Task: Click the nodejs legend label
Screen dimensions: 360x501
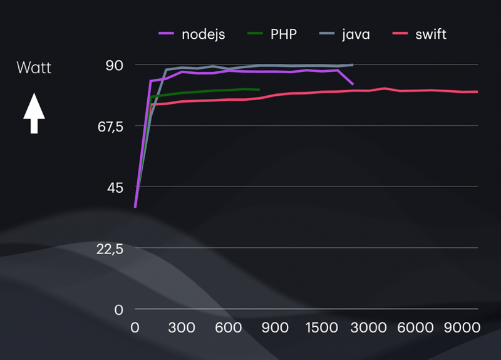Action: pyautogui.click(x=204, y=34)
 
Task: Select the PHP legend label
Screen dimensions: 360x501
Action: pyautogui.click(x=284, y=34)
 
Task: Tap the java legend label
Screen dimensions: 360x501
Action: pyautogui.click(x=356, y=34)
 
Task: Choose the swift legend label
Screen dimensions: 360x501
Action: pyautogui.click(x=431, y=34)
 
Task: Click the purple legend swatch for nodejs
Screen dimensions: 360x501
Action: pyautogui.click(x=167, y=34)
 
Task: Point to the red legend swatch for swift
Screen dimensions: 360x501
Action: pyautogui.click(x=400, y=34)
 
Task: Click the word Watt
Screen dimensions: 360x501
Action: pyautogui.click(x=34, y=68)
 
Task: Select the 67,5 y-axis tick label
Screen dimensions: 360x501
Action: pyautogui.click(x=113, y=126)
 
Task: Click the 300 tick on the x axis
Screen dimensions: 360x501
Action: pyautogui.click(x=182, y=327)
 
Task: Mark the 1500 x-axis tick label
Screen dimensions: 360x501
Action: pyautogui.click(x=324, y=327)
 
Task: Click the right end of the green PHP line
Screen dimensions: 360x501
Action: pyautogui.click(x=259, y=90)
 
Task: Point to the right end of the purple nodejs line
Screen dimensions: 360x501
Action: pyautogui.click(x=353, y=84)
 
